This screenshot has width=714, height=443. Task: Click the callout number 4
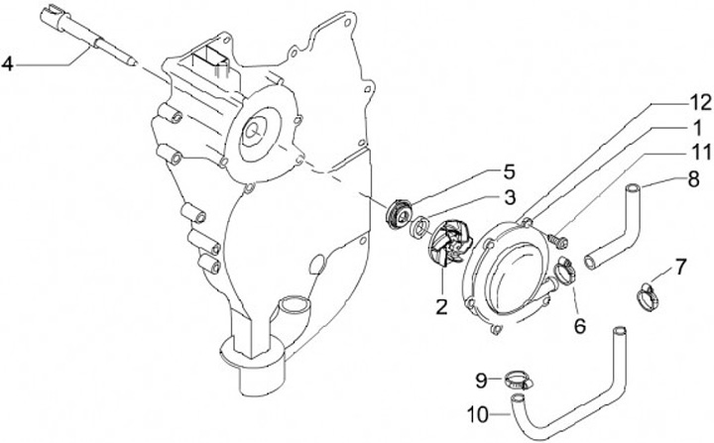[8, 63]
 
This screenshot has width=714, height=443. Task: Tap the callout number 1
[697, 129]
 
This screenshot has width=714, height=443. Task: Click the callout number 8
[693, 179]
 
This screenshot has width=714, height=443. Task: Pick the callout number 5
[509, 172]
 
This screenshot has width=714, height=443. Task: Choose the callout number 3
[510, 197]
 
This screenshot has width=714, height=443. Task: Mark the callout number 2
[441, 307]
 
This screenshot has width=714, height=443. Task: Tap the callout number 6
[580, 326]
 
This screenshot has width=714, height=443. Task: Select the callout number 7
[680, 268]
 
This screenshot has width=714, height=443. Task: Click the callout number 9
[481, 381]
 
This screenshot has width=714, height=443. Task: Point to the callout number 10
[478, 414]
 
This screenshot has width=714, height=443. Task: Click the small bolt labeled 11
[558, 240]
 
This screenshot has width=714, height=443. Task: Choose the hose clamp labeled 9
[519, 381]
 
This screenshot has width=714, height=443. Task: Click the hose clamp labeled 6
[564, 270]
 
